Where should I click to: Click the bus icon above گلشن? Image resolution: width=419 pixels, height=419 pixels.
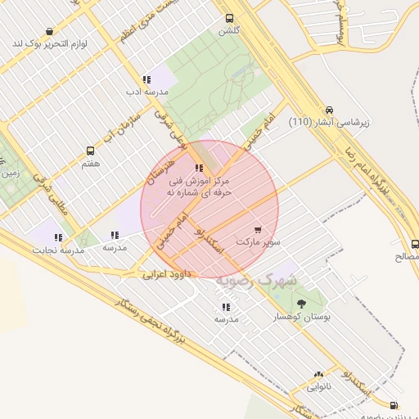(x=228, y=17)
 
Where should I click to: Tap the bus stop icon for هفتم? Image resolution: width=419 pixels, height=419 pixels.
(x=90, y=151)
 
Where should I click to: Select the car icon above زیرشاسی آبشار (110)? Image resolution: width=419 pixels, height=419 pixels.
(x=329, y=110)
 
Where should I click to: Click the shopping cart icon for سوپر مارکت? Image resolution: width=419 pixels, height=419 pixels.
(x=258, y=230)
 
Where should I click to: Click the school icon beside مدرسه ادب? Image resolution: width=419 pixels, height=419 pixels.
(x=146, y=79)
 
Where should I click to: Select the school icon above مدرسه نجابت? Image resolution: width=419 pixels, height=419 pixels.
(x=58, y=237)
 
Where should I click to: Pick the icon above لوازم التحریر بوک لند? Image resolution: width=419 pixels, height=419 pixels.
(x=49, y=31)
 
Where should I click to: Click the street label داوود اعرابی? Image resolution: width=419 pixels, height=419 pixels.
(x=167, y=274)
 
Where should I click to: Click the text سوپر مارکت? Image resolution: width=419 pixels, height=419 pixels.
(x=258, y=242)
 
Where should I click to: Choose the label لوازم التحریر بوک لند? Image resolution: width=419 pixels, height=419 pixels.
(x=50, y=43)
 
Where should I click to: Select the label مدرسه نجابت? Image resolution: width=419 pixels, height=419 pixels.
(x=58, y=250)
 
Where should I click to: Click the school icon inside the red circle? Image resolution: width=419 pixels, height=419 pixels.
(x=200, y=168)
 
